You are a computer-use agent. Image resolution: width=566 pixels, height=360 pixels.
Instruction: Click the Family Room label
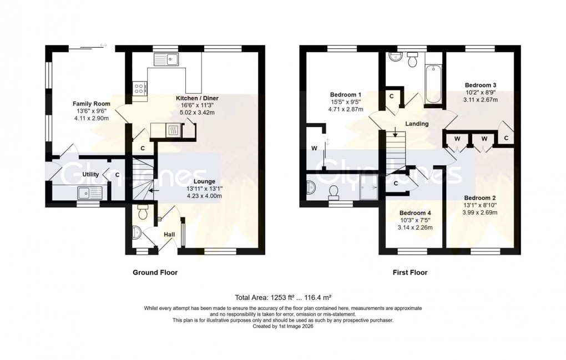tap(92, 104)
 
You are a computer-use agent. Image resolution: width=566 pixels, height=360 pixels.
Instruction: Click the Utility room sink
tap(90, 192)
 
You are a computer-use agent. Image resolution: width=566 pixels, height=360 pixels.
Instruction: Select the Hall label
tap(170, 235)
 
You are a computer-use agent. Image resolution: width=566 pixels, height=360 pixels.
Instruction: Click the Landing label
tap(417, 124)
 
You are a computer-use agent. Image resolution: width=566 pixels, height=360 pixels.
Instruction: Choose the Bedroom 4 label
tap(415, 212)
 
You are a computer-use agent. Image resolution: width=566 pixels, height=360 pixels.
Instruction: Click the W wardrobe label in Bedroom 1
tap(315, 148)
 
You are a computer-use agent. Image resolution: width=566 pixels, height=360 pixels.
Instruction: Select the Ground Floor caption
tap(155, 272)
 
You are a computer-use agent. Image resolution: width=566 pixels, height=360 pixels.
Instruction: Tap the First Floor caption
tap(409, 272)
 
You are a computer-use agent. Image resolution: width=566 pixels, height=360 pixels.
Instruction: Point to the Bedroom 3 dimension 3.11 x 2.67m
tap(481, 100)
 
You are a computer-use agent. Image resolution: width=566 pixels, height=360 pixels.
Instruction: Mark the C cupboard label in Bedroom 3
tap(507, 138)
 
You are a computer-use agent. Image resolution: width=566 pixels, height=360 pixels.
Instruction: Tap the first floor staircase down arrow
tap(395, 132)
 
